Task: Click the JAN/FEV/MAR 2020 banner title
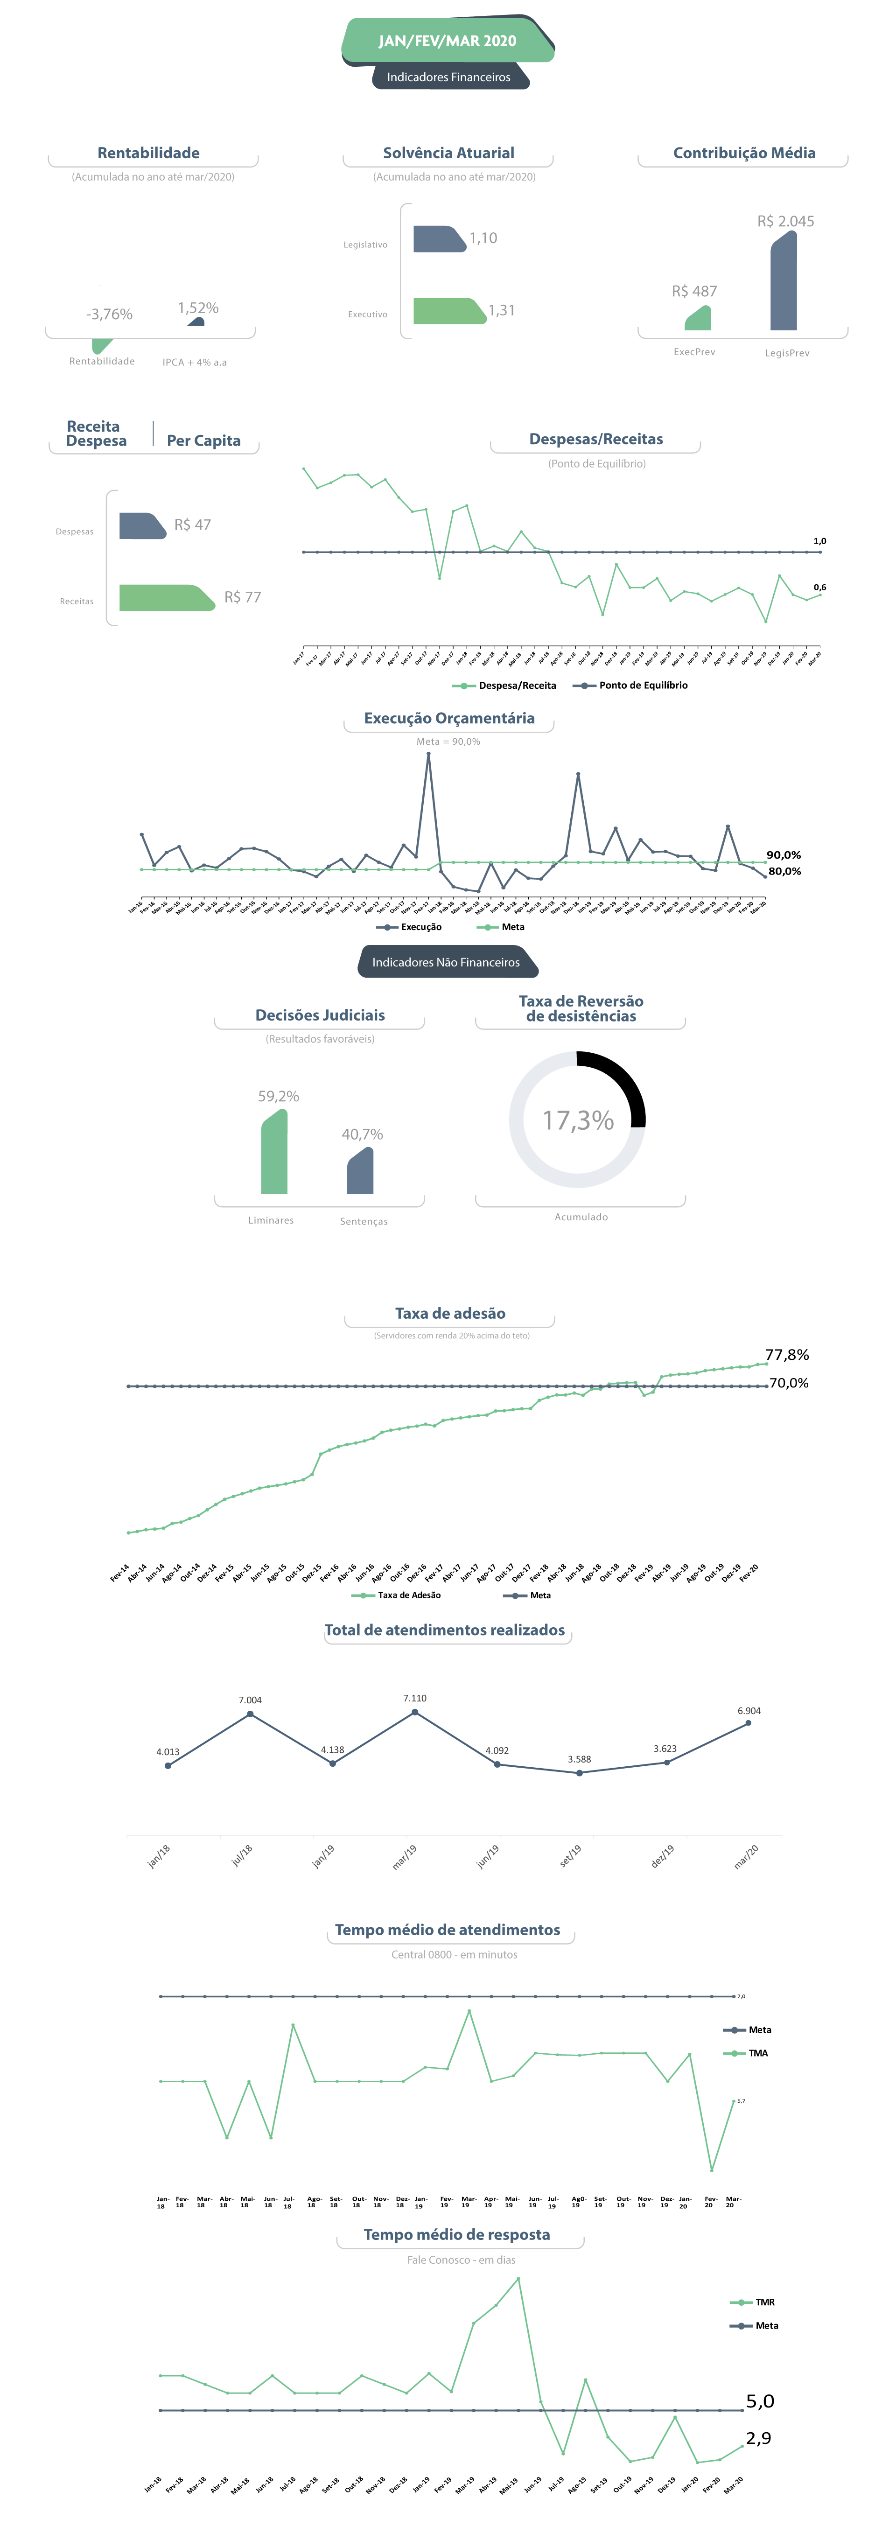pyautogui.click(x=447, y=41)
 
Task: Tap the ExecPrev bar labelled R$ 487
pyautogui.click(x=698, y=318)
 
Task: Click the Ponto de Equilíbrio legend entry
pyautogui.click(x=642, y=685)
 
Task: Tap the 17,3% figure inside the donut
pyautogui.click(x=578, y=1120)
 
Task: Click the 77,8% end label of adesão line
pyautogui.click(x=786, y=1355)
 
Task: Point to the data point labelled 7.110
pyautogui.click(x=414, y=1712)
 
